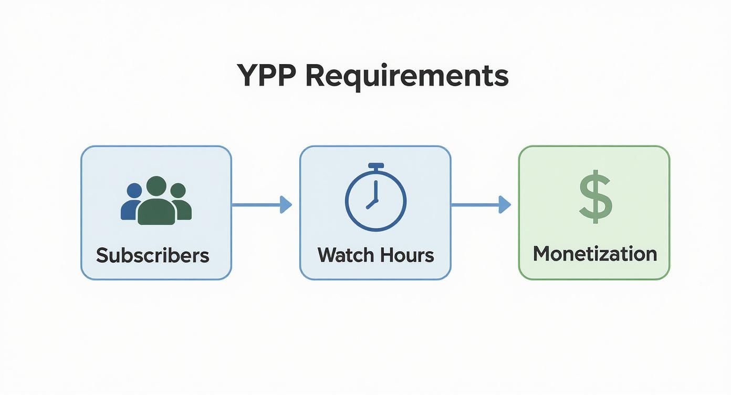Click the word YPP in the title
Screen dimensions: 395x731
(x=267, y=75)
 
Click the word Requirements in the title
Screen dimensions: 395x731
(x=407, y=76)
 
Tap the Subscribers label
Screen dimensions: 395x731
(x=152, y=255)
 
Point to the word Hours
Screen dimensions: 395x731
(x=408, y=255)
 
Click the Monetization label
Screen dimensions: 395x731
(x=594, y=254)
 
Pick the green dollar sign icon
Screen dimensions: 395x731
(x=595, y=196)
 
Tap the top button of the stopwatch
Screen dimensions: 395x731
(x=375, y=166)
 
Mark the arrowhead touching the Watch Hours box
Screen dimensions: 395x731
(x=285, y=204)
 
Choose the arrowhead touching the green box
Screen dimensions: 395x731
(x=505, y=204)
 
